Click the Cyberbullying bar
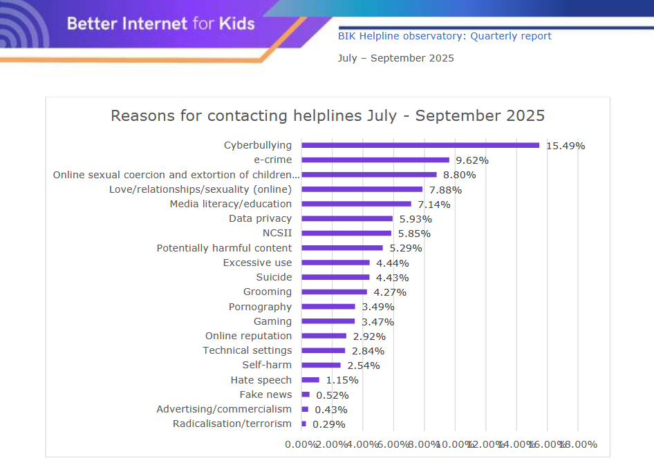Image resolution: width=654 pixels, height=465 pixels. [420, 145]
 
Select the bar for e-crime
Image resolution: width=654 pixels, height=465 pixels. [375, 160]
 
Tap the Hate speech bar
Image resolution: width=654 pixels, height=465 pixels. [310, 380]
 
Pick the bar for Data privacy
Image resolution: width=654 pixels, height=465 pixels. [347, 218]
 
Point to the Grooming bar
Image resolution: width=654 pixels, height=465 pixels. [335, 292]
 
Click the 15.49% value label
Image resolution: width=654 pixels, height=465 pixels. [566, 146]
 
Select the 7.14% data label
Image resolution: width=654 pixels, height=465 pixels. [434, 205]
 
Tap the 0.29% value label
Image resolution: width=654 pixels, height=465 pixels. [329, 424]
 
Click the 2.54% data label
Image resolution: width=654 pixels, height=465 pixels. [364, 366]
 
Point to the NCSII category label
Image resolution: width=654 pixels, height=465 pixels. [277, 233]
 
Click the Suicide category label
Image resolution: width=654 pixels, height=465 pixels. [274, 277]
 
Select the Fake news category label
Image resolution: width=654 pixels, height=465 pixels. [265, 395]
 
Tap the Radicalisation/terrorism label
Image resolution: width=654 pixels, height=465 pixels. [232, 424]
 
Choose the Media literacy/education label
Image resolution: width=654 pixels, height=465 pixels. [231, 204]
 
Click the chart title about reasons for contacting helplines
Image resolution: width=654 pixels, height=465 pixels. [328, 115]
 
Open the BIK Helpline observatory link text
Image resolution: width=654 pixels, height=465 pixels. [445, 36]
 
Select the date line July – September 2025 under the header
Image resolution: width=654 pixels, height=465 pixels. [395, 58]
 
